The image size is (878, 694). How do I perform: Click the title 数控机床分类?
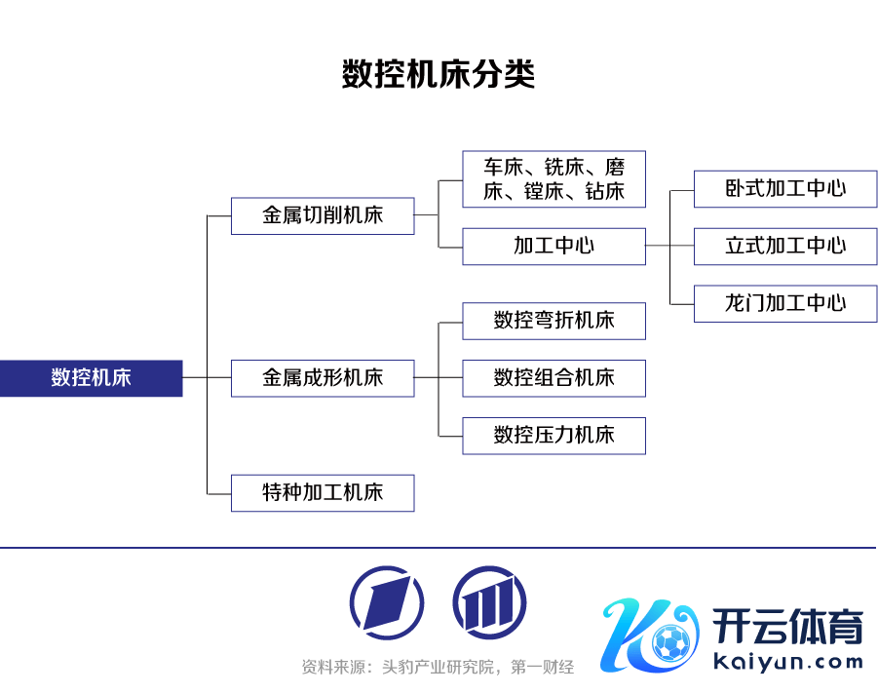pyautogui.click(x=439, y=75)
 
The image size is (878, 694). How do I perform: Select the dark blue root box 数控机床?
pyautogui.click(x=91, y=378)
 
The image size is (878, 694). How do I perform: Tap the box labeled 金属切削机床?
pyautogui.click(x=323, y=215)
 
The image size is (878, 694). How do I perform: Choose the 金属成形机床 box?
pyautogui.click(x=323, y=378)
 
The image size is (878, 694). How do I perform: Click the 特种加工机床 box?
pyautogui.click(x=323, y=493)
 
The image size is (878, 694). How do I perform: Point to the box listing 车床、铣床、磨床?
pyautogui.click(x=554, y=179)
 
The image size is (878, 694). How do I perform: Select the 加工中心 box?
pyautogui.click(x=554, y=246)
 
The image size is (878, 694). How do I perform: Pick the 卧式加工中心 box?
pyautogui.click(x=785, y=188)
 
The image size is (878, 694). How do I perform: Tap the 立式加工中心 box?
pyautogui.click(x=785, y=246)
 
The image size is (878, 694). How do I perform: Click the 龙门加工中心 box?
pyautogui.click(x=785, y=303)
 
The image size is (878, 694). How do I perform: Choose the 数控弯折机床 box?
pyautogui.click(x=554, y=321)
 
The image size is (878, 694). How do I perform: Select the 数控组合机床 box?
pyautogui.click(x=554, y=378)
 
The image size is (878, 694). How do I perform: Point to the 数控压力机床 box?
pyautogui.click(x=554, y=435)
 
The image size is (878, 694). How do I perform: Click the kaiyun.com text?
pyautogui.click(x=787, y=663)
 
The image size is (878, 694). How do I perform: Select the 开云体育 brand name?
pyautogui.click(x=787, y=627)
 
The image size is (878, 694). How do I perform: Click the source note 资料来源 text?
pyautogui.click(x=438, y=668)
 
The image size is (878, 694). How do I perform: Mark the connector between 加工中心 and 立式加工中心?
pyautogui.click(x=669, y=246)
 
